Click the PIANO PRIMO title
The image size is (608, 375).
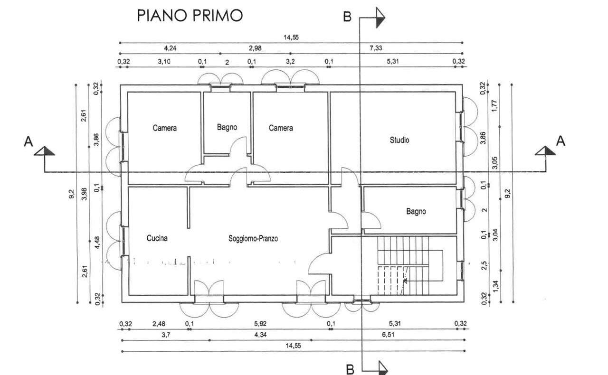point(190,16)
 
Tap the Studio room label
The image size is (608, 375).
point(399,140)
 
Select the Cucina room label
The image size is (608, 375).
point(157,238)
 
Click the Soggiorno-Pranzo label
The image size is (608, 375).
point(253,238)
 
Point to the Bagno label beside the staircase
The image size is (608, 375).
point(416,211)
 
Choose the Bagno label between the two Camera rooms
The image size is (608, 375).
point(227,127)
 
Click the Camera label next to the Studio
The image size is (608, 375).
point(281,128)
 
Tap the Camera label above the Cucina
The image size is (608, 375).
point(164,128)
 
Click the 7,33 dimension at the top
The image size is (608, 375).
point(376,48)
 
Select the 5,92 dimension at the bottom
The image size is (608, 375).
point(260,323)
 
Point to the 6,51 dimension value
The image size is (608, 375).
point(388,335)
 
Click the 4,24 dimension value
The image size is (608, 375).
point(170,48)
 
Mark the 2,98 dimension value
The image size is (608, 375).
point(255,48)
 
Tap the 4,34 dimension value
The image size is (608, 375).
point(260,335)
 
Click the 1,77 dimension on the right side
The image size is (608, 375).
point(494,105)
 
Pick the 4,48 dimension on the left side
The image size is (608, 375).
point(97,242)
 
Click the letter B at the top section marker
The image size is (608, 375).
point(347,17)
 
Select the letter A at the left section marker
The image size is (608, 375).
point(28,141)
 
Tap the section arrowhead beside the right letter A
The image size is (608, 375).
point(545,151)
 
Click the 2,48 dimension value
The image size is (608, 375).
point(159,323)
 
